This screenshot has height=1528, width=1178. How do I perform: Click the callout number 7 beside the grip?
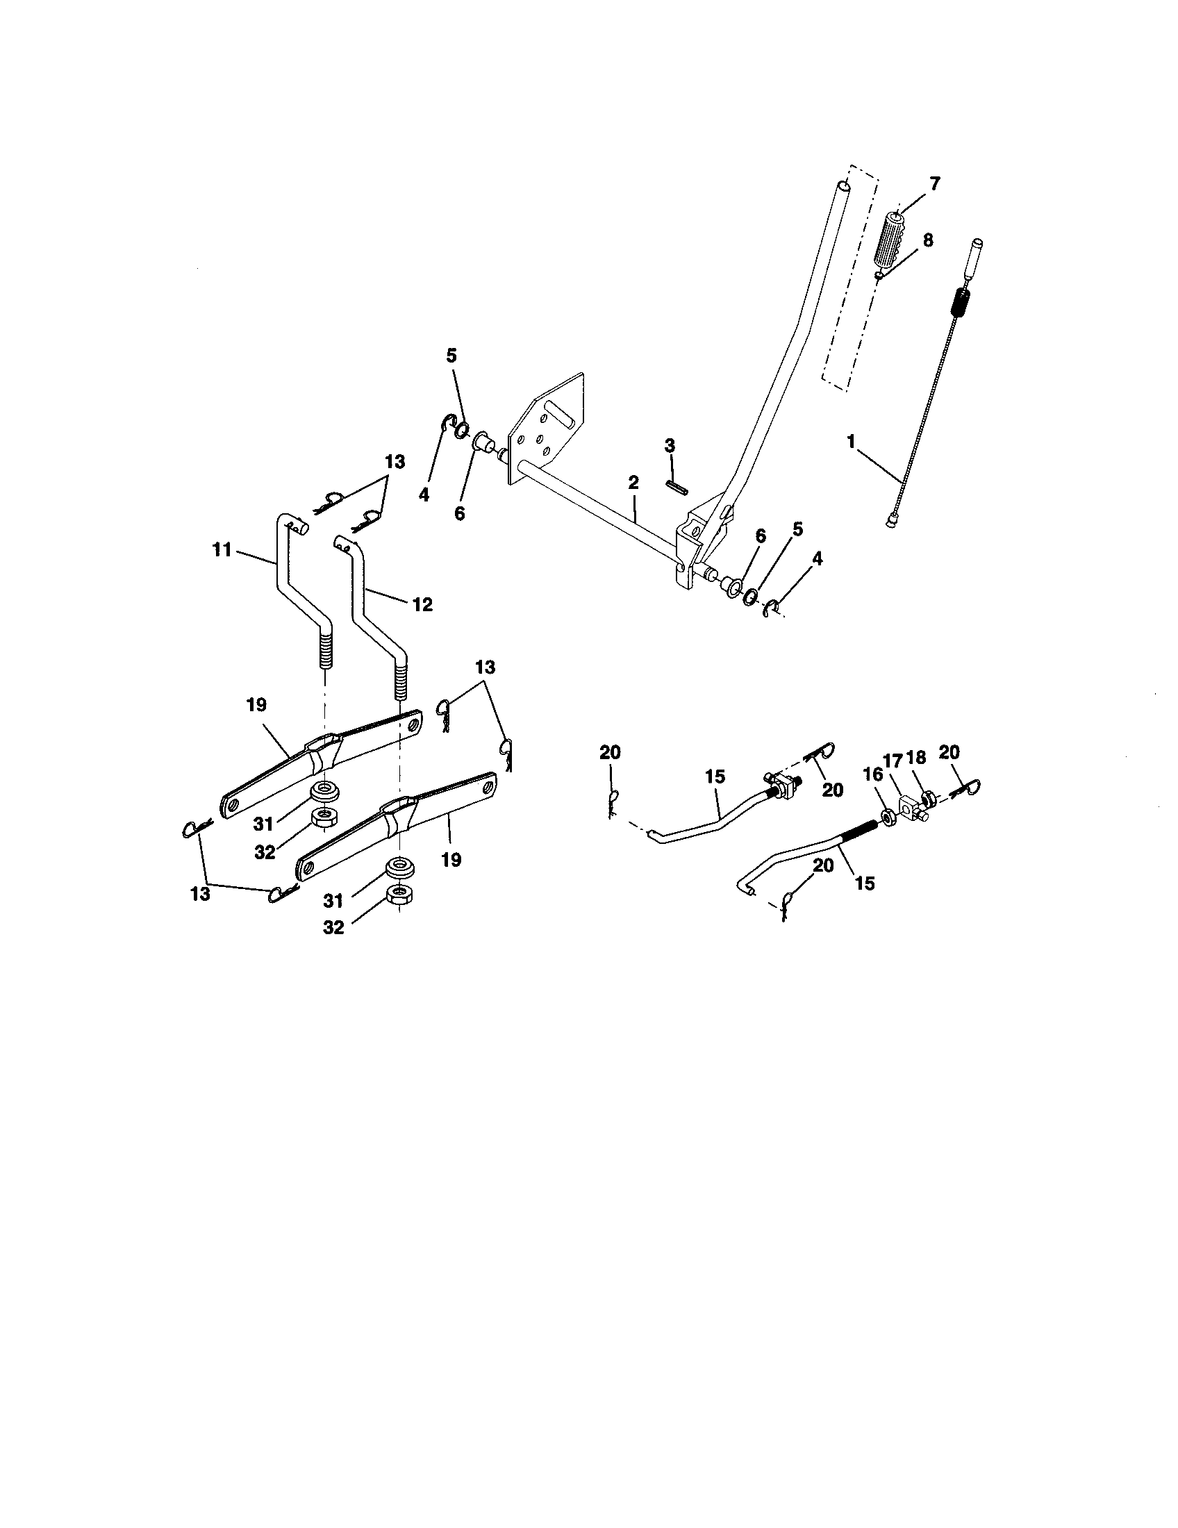935,184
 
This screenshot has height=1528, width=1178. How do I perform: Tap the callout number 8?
927,240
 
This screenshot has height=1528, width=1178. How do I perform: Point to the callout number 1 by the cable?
851,442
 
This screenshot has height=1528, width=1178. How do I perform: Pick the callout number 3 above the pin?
670,445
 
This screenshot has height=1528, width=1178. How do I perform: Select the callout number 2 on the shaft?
633,482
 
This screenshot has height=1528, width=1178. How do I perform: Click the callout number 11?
222,550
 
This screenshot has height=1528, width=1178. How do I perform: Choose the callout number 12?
422,604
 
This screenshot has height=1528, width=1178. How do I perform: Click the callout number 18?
915,758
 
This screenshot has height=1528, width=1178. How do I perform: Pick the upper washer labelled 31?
324,792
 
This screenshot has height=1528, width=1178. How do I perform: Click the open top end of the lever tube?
845,187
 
